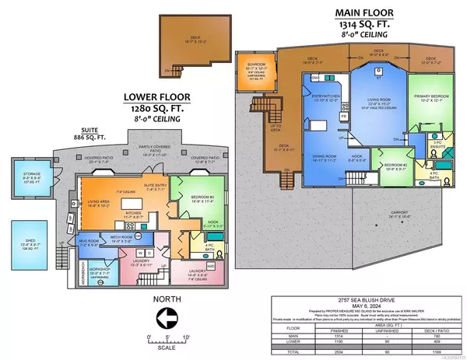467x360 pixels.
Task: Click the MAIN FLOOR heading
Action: pos(364,13)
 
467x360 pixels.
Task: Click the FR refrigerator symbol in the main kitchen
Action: pos(344,117)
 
